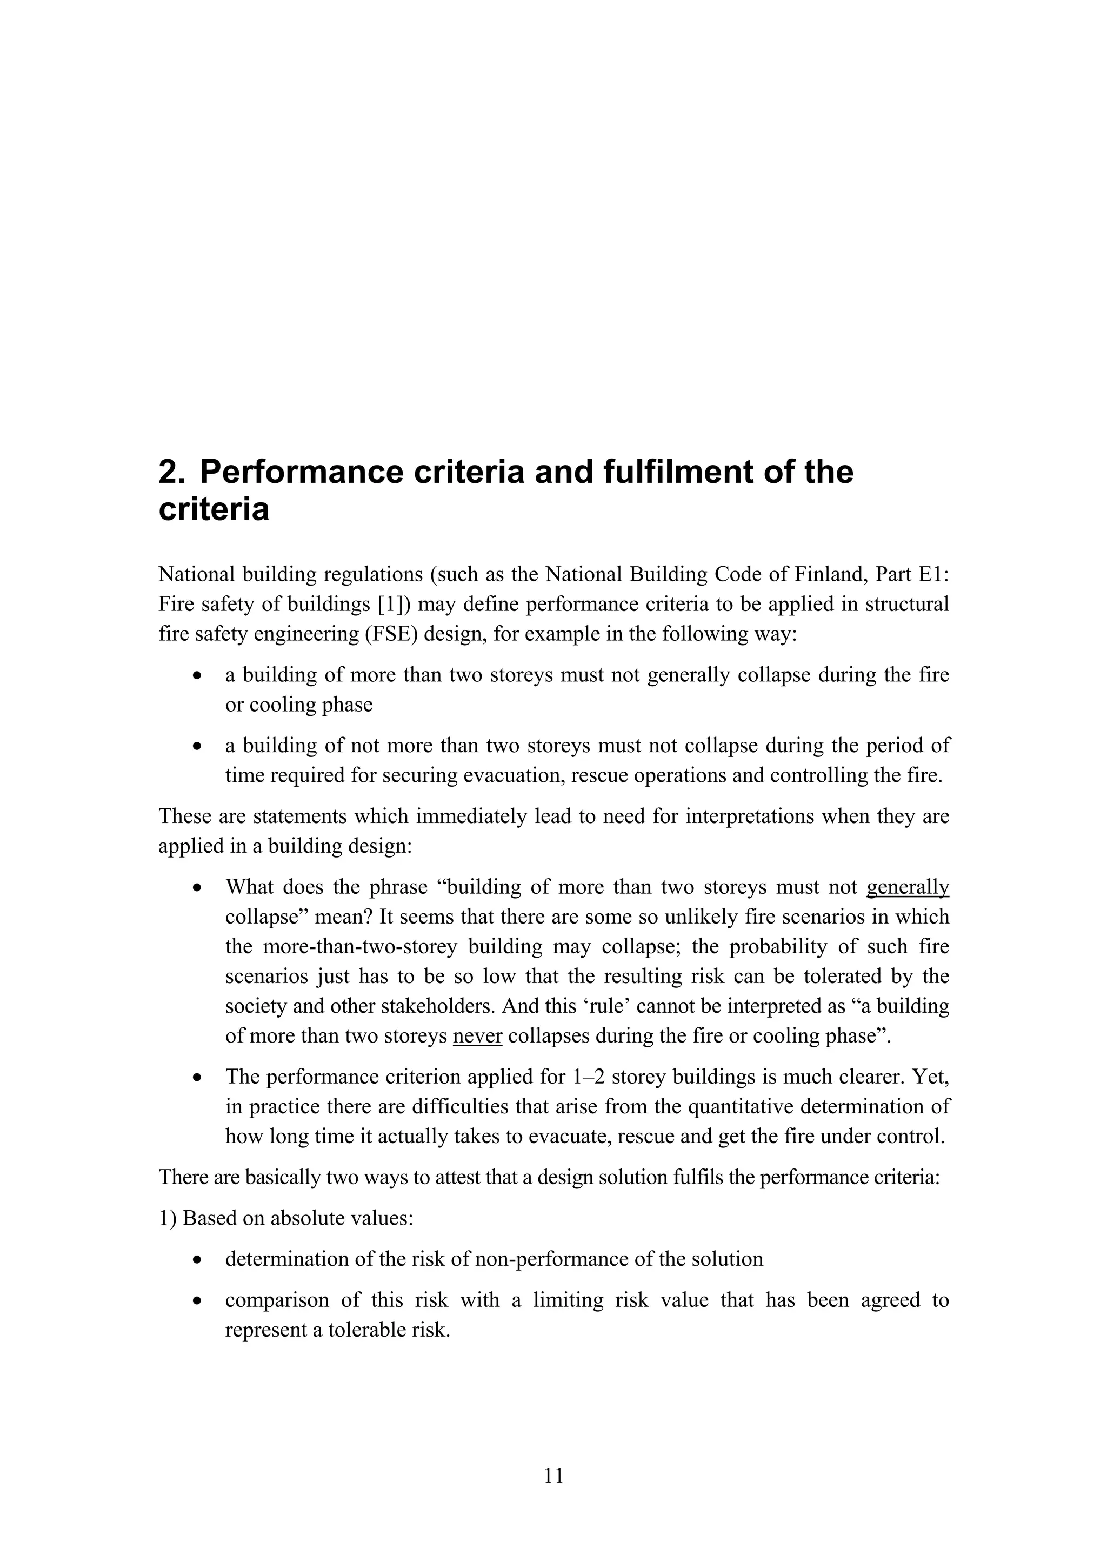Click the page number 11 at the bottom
point(554,1476)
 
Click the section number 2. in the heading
point(171,472)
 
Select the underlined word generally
point(907,887)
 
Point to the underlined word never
point(477,1036)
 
